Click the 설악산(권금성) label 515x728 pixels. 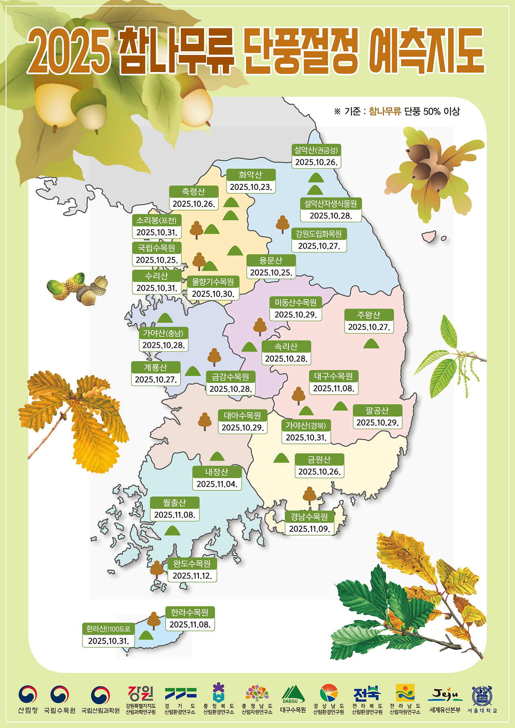(x=316, y=150)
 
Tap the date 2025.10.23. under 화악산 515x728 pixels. (x=251, y=187)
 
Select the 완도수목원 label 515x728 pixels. (x=192, y=563)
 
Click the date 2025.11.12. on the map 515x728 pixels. (x=192, y=576)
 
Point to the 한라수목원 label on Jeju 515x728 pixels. (x=190, y=613)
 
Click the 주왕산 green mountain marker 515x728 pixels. (x=371, y=344)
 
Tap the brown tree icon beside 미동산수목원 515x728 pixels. (x=260, y=327)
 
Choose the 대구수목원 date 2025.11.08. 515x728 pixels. (x=334, y=388)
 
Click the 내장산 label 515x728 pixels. (x=217, y=472)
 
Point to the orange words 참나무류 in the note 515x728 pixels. (x=385, y=111)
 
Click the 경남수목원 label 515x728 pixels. (x=309, y=517)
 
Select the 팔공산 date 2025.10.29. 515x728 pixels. (x=377, y=422)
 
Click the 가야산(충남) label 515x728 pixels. (x=163, y=333)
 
